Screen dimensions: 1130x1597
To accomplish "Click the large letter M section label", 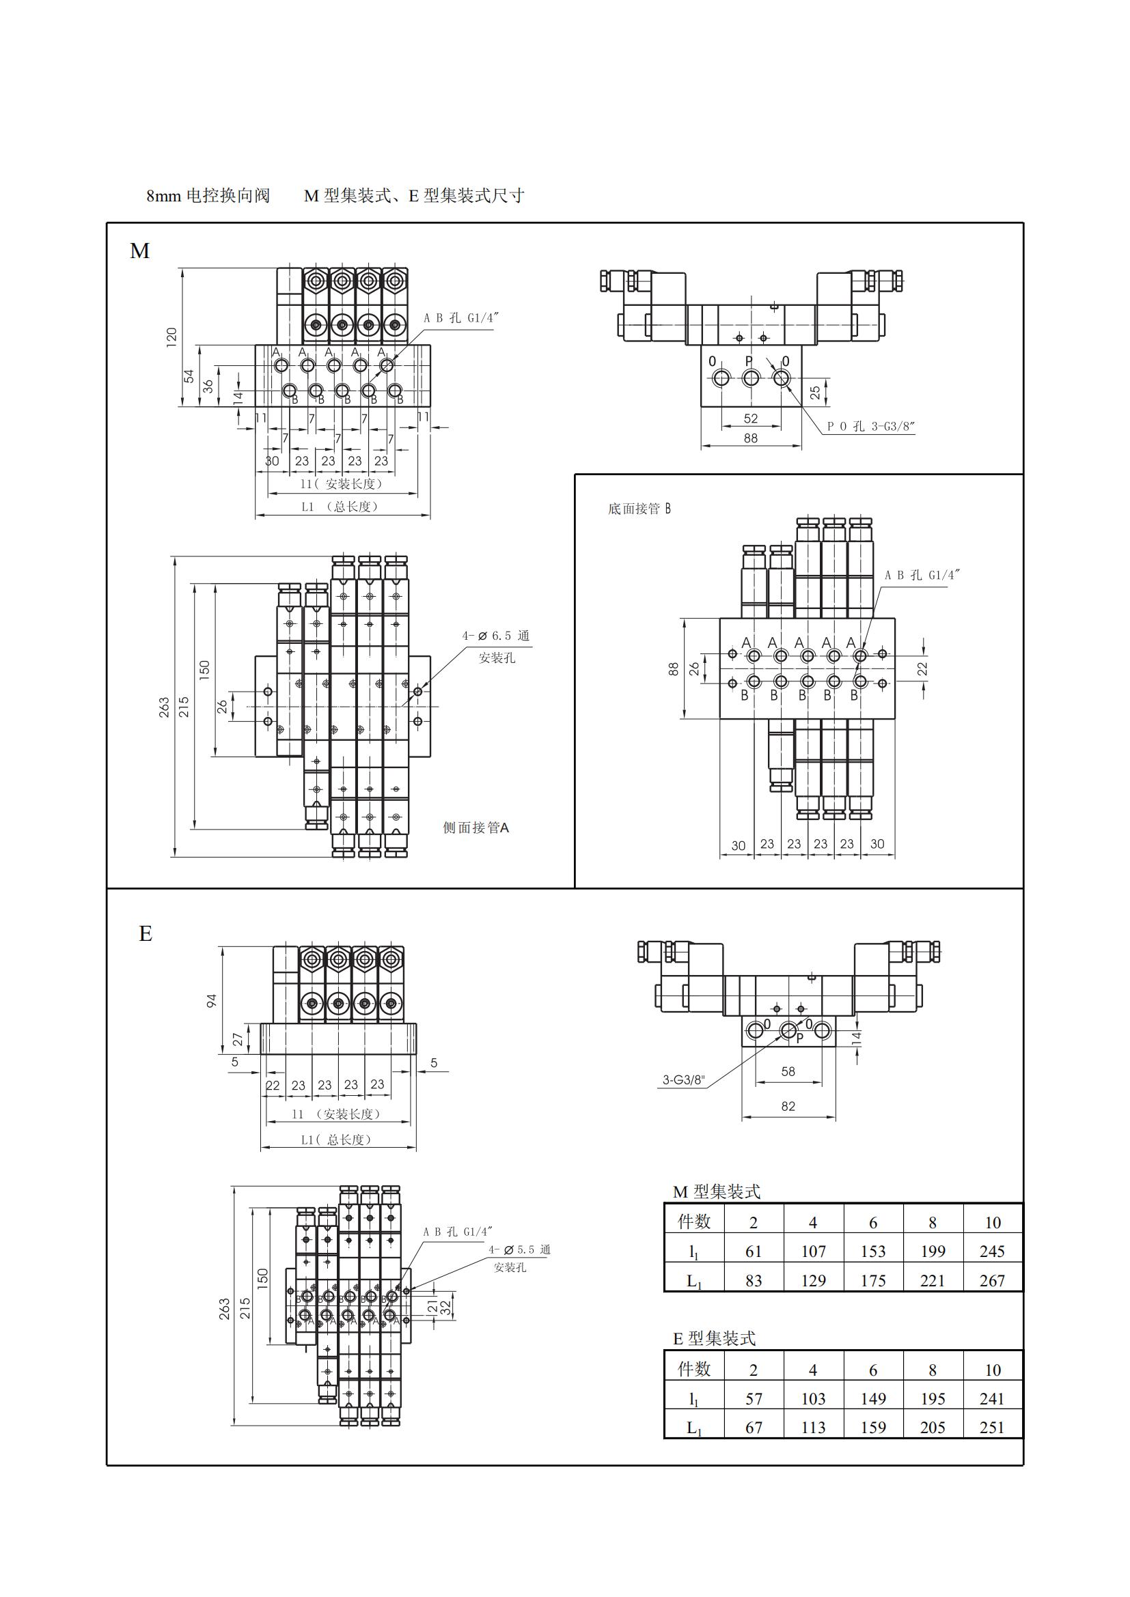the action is [140, 251].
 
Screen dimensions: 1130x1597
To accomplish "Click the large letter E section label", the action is [146, 933].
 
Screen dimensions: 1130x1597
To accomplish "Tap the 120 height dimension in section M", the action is [172, 337].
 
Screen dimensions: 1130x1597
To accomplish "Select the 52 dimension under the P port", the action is [751, 419].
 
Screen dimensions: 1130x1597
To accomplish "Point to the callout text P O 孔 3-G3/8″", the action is [870, 426].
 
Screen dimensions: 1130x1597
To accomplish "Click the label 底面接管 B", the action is [639, 509].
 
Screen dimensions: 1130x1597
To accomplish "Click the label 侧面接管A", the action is [476, 828].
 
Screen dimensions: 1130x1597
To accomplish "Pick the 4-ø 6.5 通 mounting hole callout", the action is [495, 636].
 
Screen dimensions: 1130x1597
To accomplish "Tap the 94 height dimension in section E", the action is [212, 1000].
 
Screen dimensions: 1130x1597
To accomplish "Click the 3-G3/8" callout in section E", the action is [683, 1080].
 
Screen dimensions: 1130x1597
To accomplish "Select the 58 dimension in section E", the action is [788, 1072].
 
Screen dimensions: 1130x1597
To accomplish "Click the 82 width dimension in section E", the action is [788, 1106].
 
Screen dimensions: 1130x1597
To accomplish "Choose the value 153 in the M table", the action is [872, 1252].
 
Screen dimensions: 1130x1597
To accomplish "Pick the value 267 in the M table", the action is [991, 1280].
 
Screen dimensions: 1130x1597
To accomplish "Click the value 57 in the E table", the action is [754, 1399].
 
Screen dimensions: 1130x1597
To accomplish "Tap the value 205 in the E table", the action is [933, 1428].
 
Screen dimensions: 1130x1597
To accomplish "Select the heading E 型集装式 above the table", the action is [714, 1338].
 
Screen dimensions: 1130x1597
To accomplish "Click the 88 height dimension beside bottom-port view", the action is [674, 668].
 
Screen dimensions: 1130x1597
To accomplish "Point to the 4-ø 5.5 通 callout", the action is [519, 1250].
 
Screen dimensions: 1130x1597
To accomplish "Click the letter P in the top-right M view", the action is [749, 362].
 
